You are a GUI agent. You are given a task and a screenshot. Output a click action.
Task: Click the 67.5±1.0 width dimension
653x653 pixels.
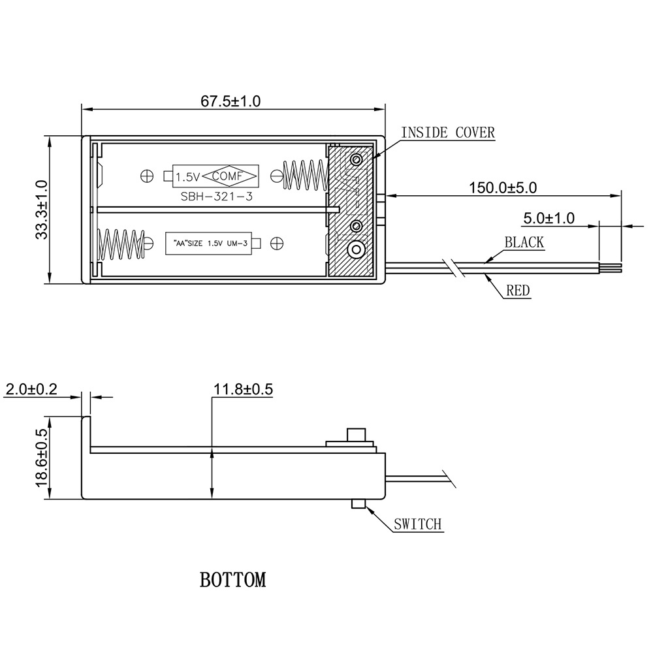tap(231, 101)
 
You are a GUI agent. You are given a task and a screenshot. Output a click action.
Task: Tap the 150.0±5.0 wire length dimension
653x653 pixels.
tap(503, 187)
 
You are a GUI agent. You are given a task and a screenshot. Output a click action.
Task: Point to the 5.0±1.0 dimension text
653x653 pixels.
tap(549, 217)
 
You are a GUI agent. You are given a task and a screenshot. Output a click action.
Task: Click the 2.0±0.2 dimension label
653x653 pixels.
tap(31, 390)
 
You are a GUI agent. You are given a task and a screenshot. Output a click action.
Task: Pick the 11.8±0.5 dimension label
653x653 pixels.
tap(243, 390)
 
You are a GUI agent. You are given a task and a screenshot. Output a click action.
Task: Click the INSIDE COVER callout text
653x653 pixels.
tap(448, 133)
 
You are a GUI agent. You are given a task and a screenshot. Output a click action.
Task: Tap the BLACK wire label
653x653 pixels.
tap(524, 243)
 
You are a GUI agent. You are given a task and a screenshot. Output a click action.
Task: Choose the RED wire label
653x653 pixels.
tap(518, 291)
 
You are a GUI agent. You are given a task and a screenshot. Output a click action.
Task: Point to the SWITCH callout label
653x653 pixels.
tap(418, 524)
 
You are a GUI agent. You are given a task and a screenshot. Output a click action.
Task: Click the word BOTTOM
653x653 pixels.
tap(233, 580)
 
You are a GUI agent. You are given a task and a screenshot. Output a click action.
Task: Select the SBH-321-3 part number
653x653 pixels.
tap(216, 197)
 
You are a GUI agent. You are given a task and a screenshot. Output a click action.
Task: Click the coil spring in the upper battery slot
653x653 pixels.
tap(304, 176)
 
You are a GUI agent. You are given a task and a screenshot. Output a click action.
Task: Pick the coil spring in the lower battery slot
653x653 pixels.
tap(120, 244)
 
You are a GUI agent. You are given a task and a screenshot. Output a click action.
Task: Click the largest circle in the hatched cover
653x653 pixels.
tap(357, 249)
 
